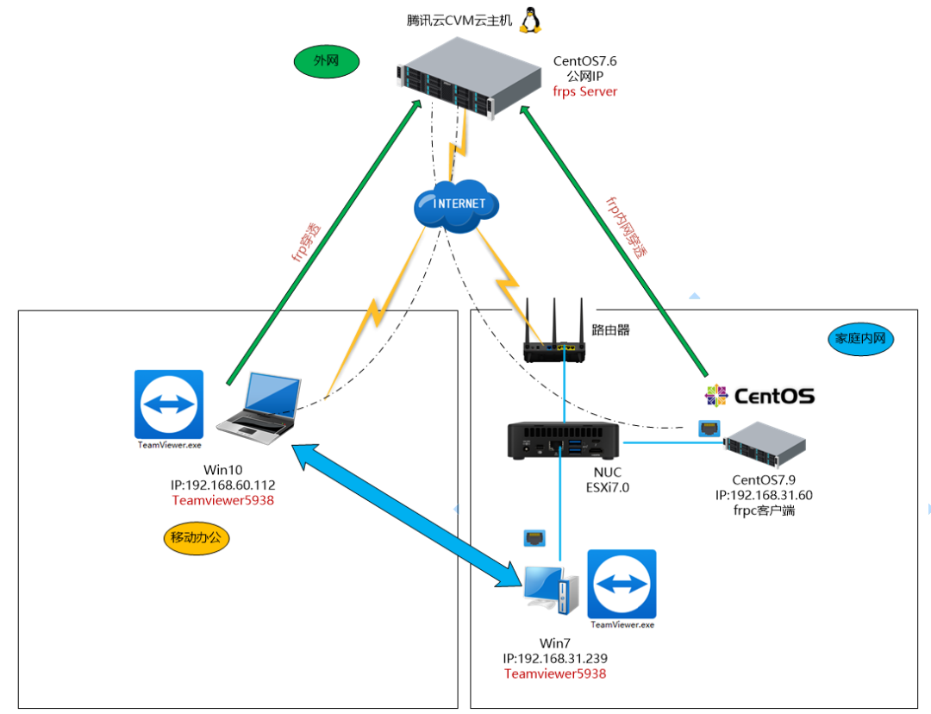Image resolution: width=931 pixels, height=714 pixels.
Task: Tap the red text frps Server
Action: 585,91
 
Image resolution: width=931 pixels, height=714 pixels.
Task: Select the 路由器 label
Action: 611,329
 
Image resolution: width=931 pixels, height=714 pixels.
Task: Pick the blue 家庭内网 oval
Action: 862,339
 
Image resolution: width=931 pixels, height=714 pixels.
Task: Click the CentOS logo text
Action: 759,396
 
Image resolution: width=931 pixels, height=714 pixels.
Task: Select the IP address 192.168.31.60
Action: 764,495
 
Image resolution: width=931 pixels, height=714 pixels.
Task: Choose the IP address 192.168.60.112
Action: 223,485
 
